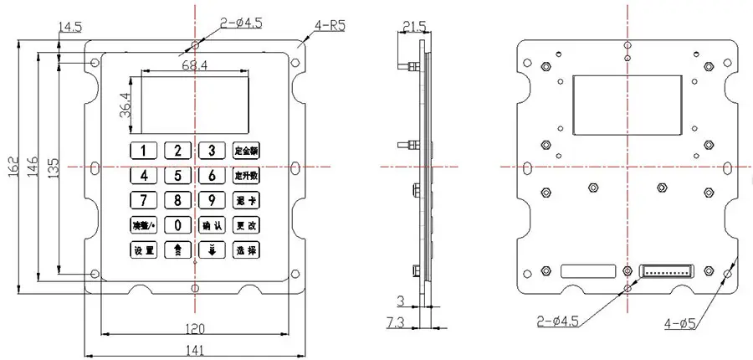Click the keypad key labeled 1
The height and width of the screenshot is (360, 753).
pyautogui.click(x=143, y=151)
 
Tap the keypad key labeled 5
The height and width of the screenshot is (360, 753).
pyautogui.click(x=178, y=176)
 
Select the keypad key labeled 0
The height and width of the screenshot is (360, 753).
pyautogui.click(x=178, y=224)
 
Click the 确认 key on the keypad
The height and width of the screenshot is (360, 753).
pyautogui.click(x=212, y=224)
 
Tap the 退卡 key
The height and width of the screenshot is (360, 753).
pyautogui.click(x=247, y=200)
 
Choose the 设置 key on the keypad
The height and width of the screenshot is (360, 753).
pyautogui.click(x=143, y=249)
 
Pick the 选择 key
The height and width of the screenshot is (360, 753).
pyautogui.click(x=247, y=249)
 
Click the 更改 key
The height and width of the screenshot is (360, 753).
pyautogui.click(x=247, y=224)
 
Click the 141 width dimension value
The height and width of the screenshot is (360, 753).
pyautogui.click(x=195, y=351)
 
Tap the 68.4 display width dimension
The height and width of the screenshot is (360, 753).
pyautogui.click(x=194, y=64)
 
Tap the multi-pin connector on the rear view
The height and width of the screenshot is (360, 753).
pyautogui.click(x=668, y=271)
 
